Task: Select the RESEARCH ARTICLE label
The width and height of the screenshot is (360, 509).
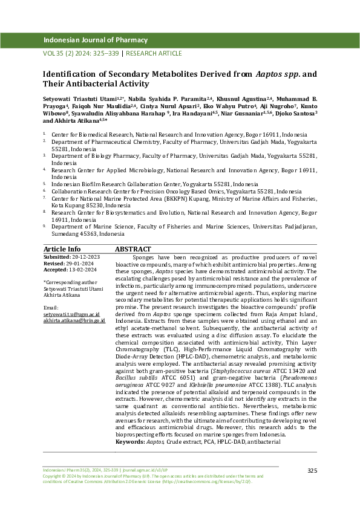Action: pos(154,53)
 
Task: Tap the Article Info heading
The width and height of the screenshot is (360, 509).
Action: pos(62,248)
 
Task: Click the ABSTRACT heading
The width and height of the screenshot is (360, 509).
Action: pos(133,248)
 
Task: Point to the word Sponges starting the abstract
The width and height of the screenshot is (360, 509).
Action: pos(145,256)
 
